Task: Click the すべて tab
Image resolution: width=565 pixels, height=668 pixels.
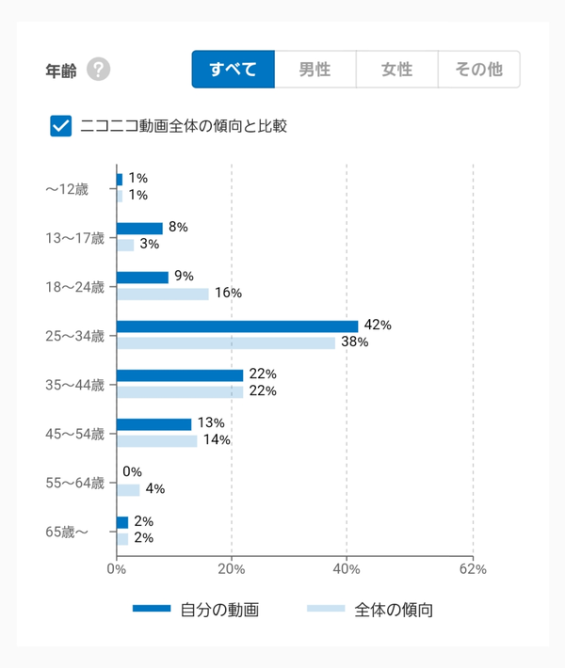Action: (x=234, y=70)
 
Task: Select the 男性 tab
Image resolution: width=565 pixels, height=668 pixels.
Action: (x=315, y=70)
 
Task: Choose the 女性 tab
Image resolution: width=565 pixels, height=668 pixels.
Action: (x=397, y=70)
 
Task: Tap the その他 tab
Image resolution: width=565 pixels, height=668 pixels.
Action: (x=479, y=70)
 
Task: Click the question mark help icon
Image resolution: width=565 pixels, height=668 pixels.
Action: (x=99, y=69)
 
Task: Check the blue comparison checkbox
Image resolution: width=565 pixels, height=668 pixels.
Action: (x=61, y=126)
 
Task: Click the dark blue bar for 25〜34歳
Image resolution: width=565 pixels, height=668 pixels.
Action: (x=237, y=326)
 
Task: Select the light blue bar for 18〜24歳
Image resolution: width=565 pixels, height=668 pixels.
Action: (x=163, y=294)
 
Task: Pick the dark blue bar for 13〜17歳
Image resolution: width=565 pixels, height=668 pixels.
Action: (x=140, y=229)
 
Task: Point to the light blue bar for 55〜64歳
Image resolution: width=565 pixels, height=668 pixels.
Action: (x=128, y=490)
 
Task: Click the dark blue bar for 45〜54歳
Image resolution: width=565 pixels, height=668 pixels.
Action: (x=153, y=424)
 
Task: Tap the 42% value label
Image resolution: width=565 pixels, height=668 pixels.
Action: (x=378, y=325)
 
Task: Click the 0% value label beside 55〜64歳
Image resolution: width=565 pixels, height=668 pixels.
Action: (x=132, y=472)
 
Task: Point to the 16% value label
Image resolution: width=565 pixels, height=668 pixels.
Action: (x=228, y=294)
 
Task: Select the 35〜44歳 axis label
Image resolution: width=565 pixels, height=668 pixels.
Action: (x=75, y=385)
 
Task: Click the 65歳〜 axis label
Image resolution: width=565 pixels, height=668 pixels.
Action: (x=67, y=533)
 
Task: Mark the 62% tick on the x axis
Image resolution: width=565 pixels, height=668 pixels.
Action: (x=473, y=569)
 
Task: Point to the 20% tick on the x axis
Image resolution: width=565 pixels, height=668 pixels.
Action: (x=232, y=569)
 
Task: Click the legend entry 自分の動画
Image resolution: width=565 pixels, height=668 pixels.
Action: (x=196, y=610)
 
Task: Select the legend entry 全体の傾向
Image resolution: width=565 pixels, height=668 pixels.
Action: (x=370, y=610)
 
